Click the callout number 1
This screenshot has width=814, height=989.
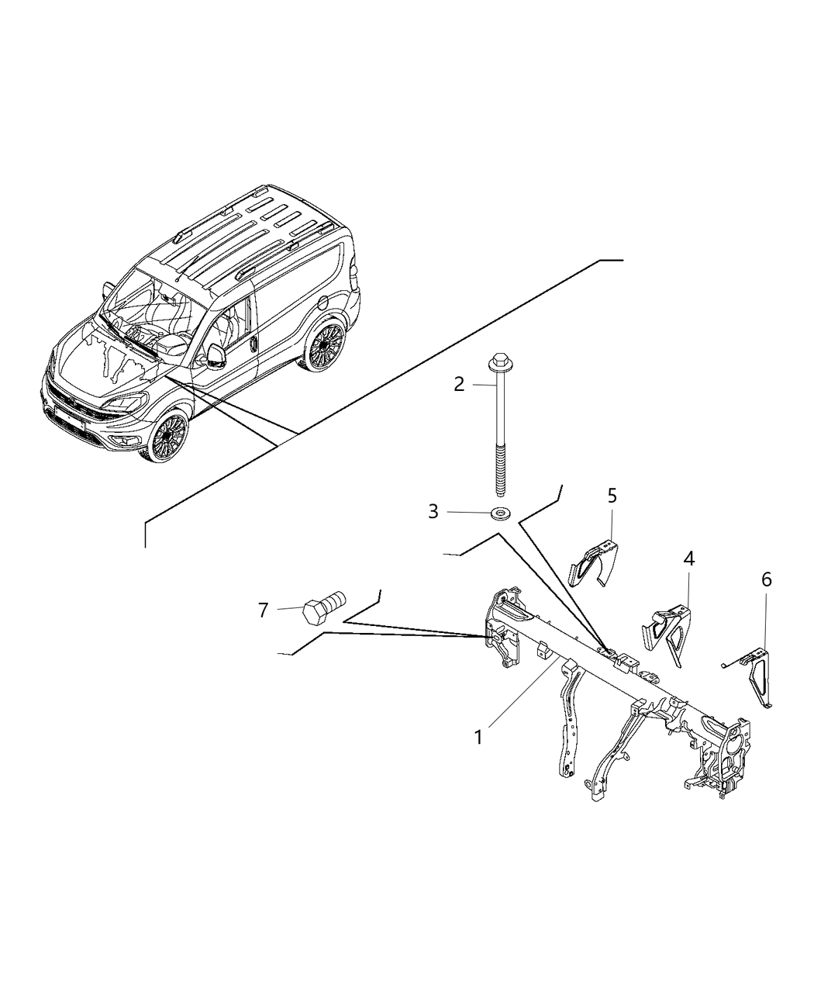pos(478,737)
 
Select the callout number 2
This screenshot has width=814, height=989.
pos(459,384)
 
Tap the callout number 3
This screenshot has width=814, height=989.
pos(433,512)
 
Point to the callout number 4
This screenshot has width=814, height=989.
pos(688,558)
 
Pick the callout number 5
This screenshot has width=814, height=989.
pos(612,495)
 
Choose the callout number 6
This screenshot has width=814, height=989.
pos(767,579)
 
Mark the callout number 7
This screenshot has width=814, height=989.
pos(263,610)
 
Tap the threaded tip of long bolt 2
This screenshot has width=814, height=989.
pos(498,485)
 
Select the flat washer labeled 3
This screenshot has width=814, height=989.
pos(498,513)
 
